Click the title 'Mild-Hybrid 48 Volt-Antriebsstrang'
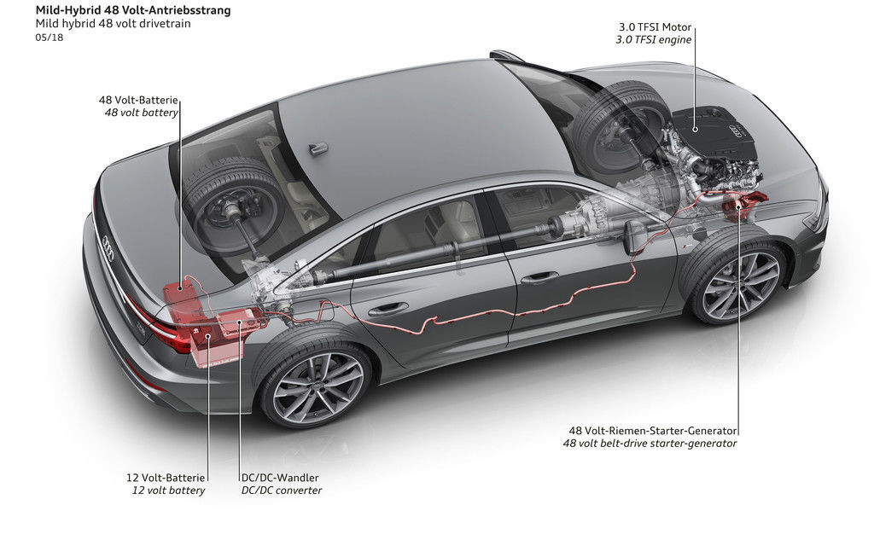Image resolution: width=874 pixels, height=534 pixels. tap(132, 10)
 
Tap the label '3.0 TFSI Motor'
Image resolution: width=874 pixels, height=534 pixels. tap(656, 26)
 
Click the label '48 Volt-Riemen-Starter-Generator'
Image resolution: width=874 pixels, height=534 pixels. tap(653, 430)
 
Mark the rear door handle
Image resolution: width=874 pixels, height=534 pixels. tap(388, 309)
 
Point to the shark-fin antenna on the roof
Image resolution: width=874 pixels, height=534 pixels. tap(318, 148)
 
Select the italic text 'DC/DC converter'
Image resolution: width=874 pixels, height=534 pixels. tap(281, 490)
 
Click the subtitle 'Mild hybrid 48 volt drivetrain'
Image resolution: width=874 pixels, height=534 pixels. tap(113, 24)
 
